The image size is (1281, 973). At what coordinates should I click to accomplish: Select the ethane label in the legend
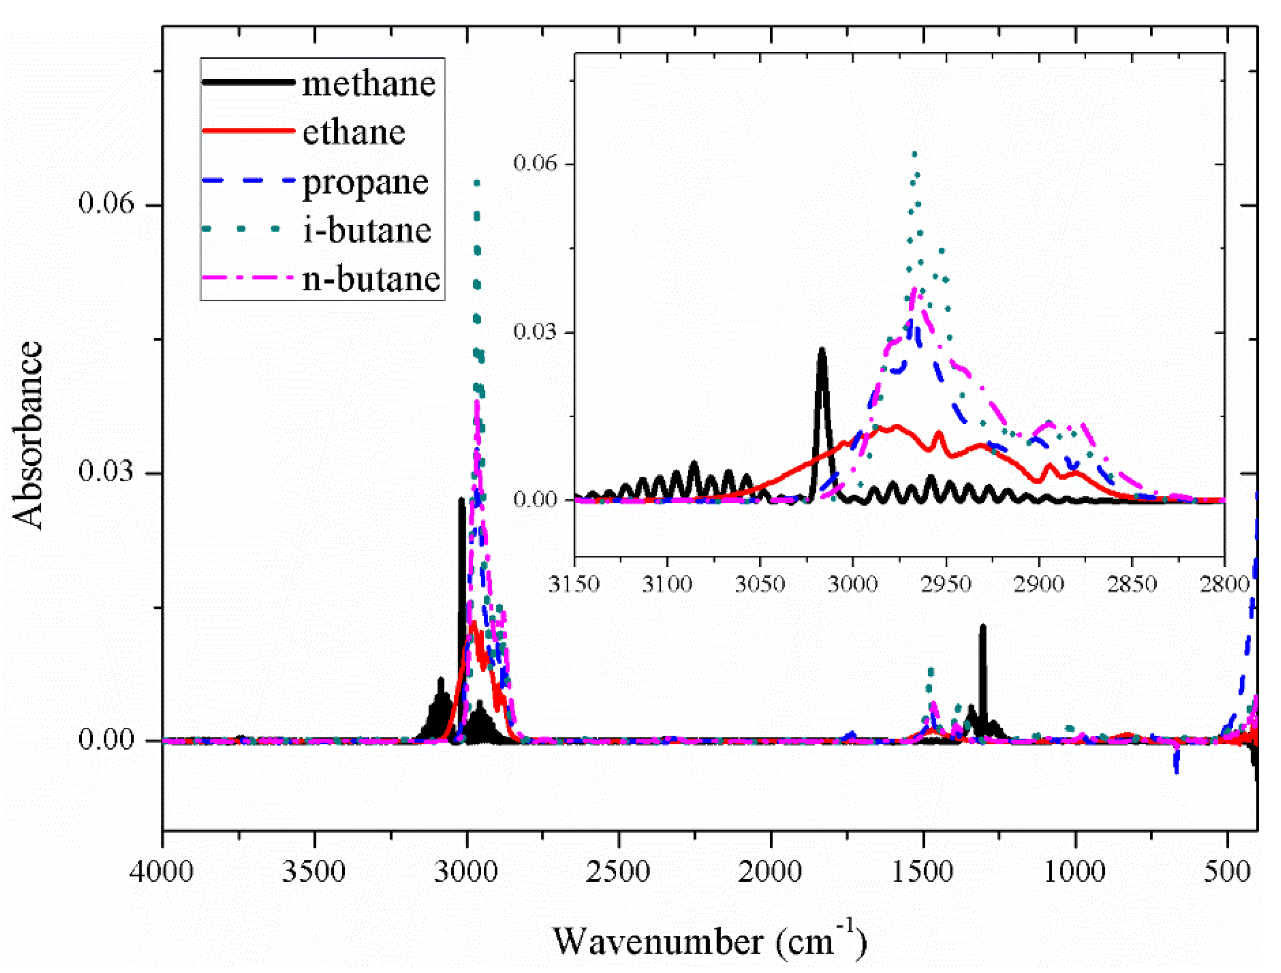353,132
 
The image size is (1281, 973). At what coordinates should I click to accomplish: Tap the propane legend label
365,183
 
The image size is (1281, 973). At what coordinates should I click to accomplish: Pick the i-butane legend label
367,231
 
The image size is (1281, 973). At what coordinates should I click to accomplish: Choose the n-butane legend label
371,279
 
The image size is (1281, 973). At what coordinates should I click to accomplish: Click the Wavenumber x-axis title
709,941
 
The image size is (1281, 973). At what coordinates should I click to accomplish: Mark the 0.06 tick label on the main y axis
106,203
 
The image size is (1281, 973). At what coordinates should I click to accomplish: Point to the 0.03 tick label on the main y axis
106,472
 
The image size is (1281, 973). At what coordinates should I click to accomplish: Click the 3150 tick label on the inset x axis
573,584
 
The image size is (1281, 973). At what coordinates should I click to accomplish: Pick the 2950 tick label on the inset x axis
946,584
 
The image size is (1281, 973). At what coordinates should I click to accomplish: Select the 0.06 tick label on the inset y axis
534,163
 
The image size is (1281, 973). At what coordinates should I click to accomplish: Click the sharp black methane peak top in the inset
821,351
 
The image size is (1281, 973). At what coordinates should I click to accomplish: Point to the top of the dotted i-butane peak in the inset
914,155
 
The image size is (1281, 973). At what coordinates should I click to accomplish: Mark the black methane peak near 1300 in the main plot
983,627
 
